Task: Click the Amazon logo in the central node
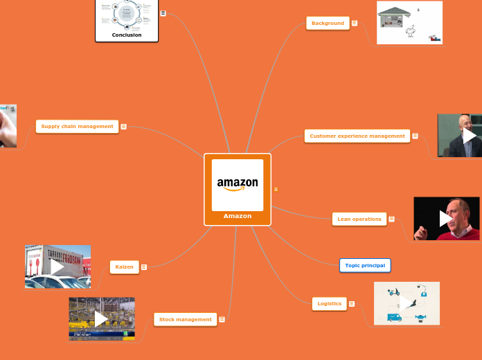click(x=238, y=184)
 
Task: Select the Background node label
click(x=328, y=24)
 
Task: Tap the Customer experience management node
click(x=357, y=136)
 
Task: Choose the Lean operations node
click(x=359, y=219)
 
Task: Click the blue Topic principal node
click(x=365, y=265)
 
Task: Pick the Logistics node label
click(x=329, y=304)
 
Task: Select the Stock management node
click(x=185, y=319)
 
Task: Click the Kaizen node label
click(x=125, y=267)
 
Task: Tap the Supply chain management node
click(x=77, y=127)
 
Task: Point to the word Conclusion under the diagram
click(x=127, y=35)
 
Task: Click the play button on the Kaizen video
click(x=57, y=267)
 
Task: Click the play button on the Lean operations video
click(x=446, y=219)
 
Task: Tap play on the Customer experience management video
click(x=469, y=136)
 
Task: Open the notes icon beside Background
click(x=355, y=24)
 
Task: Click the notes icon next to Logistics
click(x=352, y=304)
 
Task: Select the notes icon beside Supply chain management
click(x=123, y=127)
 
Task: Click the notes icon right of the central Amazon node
click(x=276, y=189)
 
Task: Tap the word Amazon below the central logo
click(x=238, y=216)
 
